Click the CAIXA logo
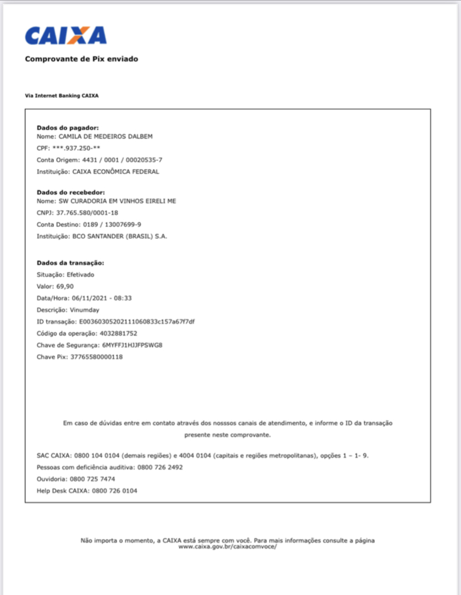point(66,35)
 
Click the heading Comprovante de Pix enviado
point(81,59)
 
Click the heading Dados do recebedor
point(71,192)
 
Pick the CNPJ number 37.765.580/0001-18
point(87,213)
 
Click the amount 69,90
point(64,286)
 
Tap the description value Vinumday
point(85,309)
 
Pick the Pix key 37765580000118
point(96,357)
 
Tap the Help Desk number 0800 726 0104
point(114,491)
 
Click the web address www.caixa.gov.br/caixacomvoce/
point(227,547)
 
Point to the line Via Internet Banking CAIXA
point(62,96)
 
